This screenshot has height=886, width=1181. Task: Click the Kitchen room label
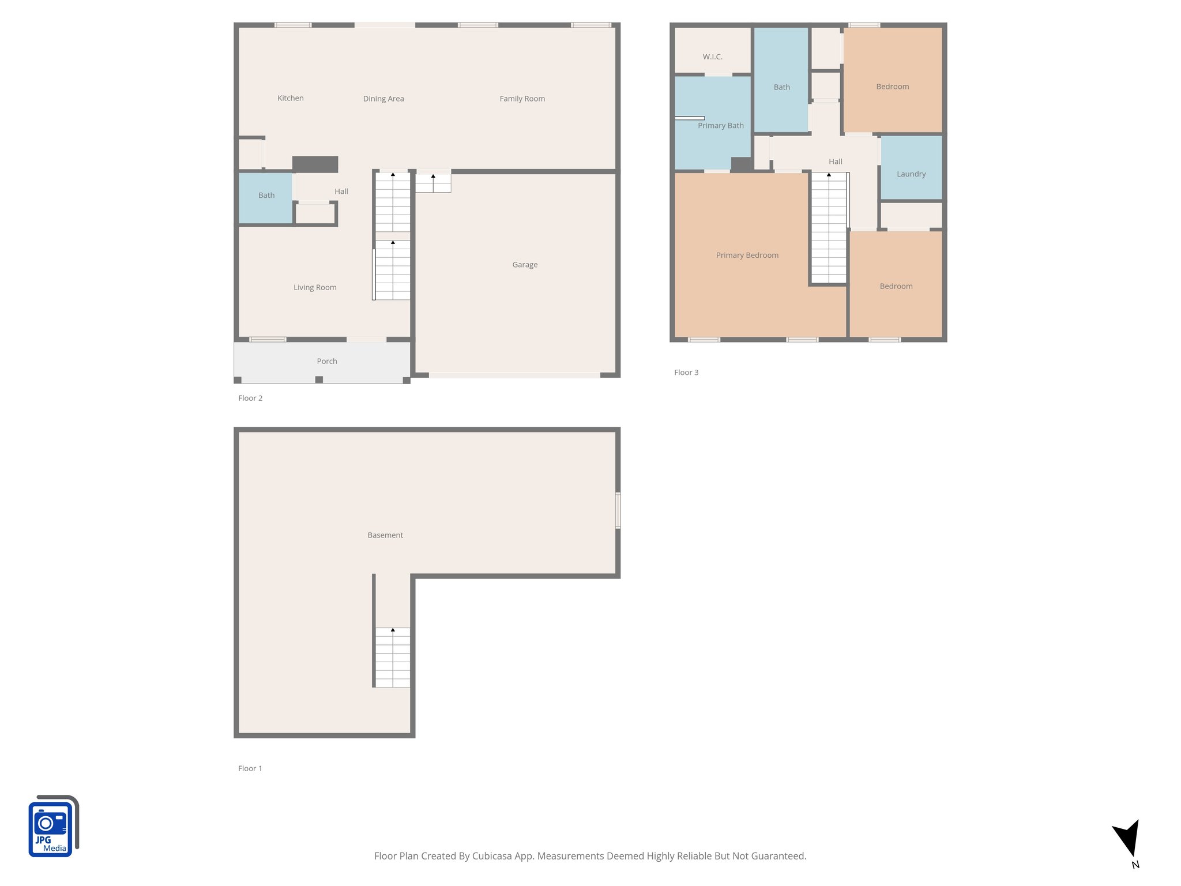tap(290, 98)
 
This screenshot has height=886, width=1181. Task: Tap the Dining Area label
tap(383, 99)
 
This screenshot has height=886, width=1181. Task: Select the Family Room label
tap(522, 99)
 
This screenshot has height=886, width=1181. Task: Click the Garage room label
tap(525, 265)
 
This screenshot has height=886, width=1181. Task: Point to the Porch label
tap(327, 361)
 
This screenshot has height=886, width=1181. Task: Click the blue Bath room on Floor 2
tap(266, 197)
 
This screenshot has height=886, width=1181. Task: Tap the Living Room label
tap(315, 287)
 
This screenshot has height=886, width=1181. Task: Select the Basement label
tap(385, 535)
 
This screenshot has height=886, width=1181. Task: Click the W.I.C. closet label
tap(712, 57)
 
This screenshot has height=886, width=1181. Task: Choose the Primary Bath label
tap(720, 126)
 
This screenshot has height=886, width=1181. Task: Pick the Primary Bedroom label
tap(747, 255)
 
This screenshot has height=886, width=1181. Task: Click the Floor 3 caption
tap(686, 373)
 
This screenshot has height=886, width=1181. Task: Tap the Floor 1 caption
tap(250, 768)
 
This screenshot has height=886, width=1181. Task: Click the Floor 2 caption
tap(250, 398)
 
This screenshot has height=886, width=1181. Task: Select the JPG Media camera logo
tap(52, 826)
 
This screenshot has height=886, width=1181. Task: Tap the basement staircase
tap(393, 657)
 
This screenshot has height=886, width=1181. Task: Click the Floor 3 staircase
tap(829, 228)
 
